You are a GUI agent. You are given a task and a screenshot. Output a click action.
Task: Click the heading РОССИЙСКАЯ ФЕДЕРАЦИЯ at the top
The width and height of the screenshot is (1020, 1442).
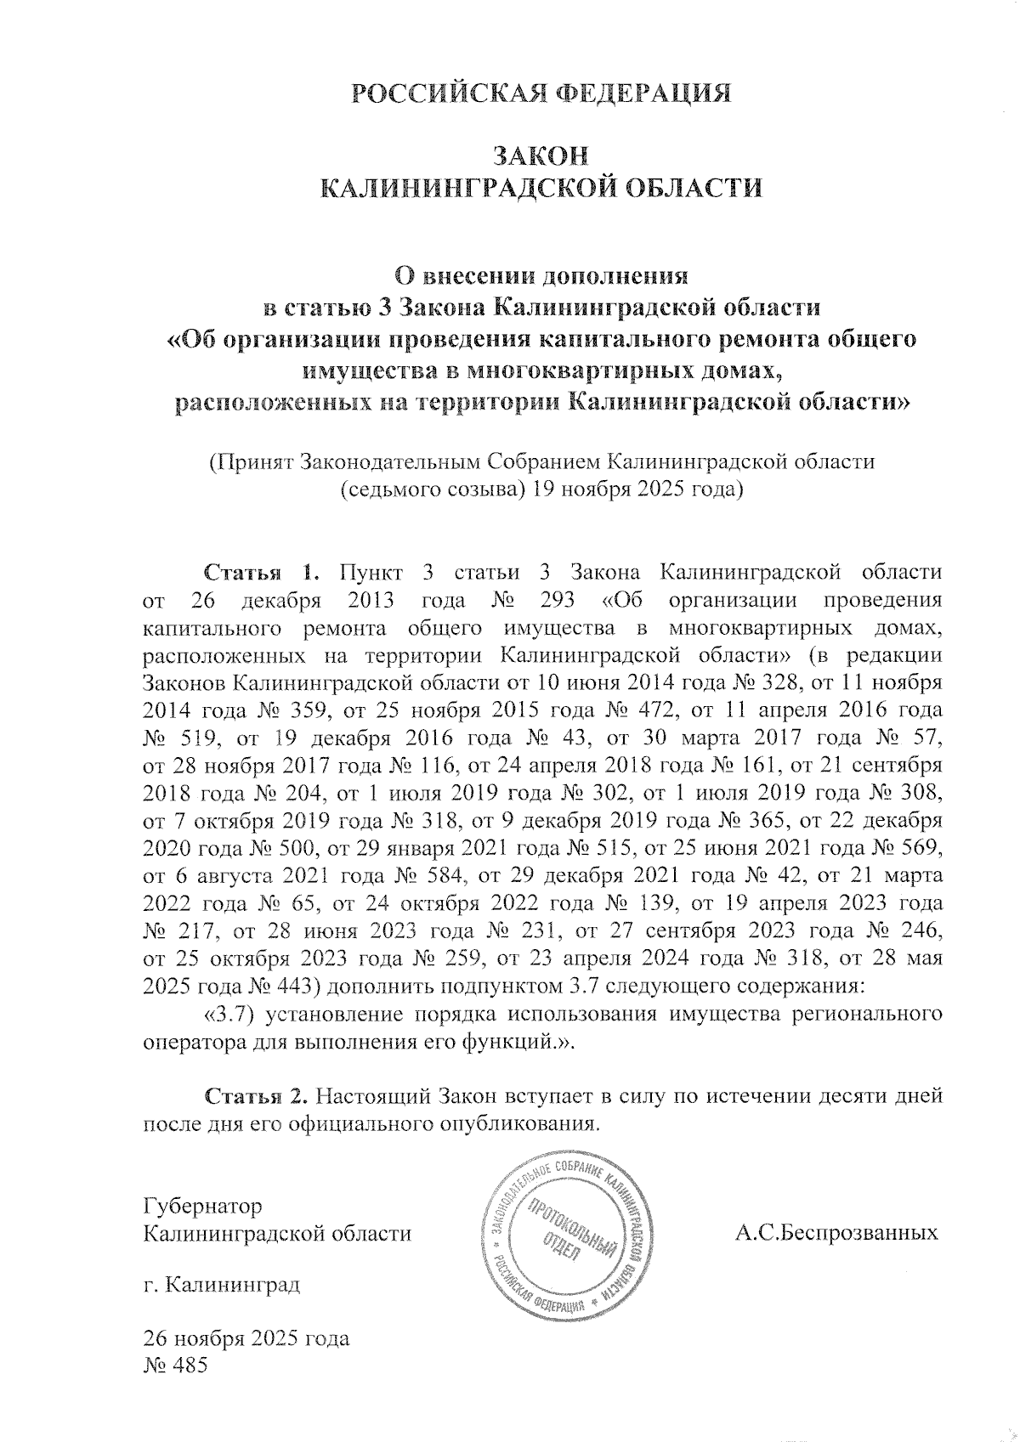[542, 93]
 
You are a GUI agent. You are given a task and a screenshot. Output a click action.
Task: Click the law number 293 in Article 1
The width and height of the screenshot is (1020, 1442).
[559, 600]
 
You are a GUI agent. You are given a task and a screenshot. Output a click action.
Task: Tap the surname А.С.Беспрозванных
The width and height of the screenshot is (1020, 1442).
[836, 1233]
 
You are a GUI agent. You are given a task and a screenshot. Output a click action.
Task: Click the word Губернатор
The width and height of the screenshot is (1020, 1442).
[203, 1206]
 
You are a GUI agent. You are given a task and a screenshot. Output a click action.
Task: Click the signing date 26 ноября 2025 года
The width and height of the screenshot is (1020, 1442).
[246, 1339]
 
